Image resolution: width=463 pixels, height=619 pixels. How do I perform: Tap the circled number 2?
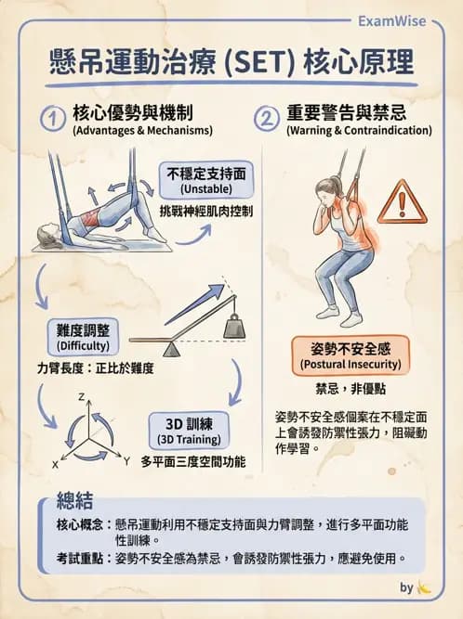(267, 119)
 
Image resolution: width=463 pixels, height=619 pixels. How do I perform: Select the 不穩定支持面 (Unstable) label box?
(206, 180)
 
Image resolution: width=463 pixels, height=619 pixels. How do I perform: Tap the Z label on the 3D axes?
(82, 398)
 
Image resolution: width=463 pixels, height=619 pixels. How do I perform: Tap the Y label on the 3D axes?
(126, 460)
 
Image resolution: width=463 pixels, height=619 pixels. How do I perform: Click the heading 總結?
(74, 501)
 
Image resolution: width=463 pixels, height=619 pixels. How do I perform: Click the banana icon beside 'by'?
(425, 587)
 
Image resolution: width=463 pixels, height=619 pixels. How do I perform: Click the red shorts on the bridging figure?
(94, 220)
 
